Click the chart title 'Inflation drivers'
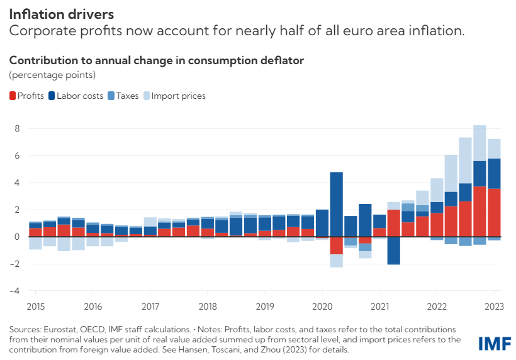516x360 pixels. [x=62, y=14]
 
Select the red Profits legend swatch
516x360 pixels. [x=13, y=96]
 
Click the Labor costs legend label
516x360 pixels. [x=80, y=96]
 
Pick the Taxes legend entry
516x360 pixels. [x=123, y=96]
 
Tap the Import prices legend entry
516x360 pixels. [x=174, y=96]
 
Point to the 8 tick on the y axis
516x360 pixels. [x=17, y=128]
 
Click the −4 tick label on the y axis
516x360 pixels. [x=14, y=291]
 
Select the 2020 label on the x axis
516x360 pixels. [x=322, y=307]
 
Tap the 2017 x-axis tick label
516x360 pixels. [x=150, y=307]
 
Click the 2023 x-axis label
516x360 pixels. [x=494, y=307]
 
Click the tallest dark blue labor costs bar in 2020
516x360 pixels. [x=336, y=205]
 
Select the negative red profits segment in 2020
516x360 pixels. [x=336, y=245]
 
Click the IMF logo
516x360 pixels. [x=495, y=344]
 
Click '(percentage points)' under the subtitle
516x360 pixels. [x=52, y=75]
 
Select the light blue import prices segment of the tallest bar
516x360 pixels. [x=480, y=143]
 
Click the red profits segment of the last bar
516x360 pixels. [x=494, y=213]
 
